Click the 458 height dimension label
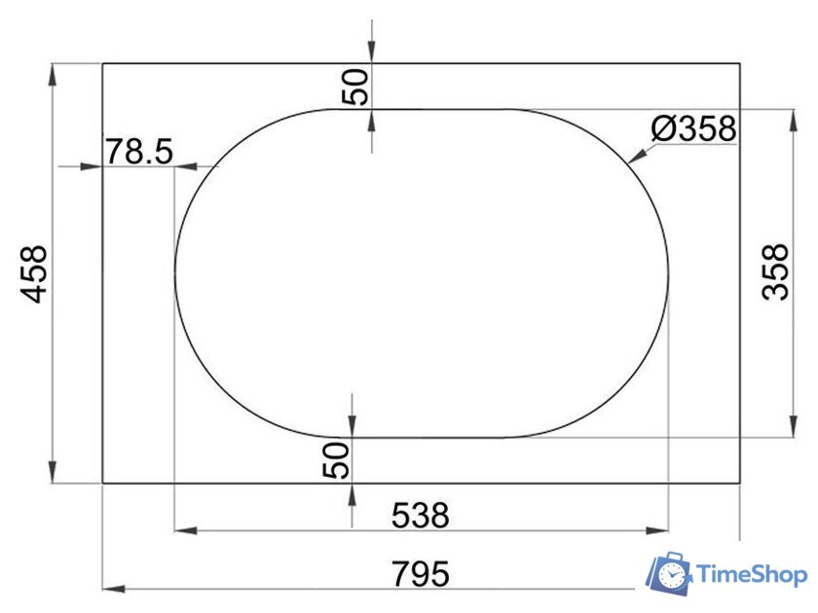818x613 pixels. (x=34, y=273)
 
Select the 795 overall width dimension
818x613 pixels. (x=420, y=574)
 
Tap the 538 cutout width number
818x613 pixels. (x=420, y=516)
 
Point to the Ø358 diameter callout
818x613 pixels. (x=693, y=128)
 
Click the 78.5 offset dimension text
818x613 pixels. (x=139, y=151)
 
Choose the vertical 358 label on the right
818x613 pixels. (x=775, y=271)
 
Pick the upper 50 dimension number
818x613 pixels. (x=354, y=87)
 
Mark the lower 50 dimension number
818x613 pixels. (x=335, y=459)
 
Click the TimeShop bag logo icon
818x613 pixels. (x=669, y=574)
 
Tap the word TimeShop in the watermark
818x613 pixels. (x=752, y=574)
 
